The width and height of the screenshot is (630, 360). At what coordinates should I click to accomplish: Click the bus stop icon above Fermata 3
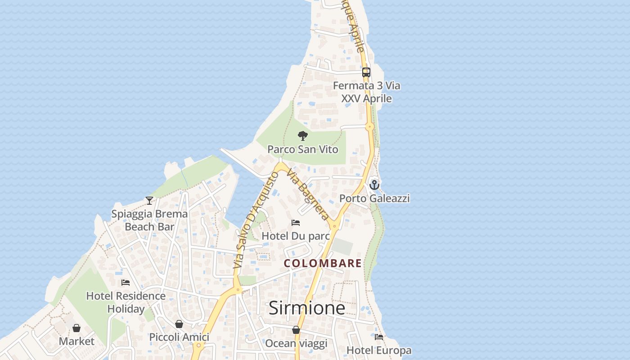(x=366, y=72)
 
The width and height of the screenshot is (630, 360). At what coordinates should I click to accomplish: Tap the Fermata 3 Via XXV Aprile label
(x=366, y=92)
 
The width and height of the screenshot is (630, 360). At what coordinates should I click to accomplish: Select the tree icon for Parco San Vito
(x=303, y=135)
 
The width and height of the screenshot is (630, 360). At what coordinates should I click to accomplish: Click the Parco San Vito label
(x=303, y=149)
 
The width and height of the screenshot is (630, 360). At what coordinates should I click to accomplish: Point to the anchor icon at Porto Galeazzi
(x=374, y=185)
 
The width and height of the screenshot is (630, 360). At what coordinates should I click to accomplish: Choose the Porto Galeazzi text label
(x=374, y=198)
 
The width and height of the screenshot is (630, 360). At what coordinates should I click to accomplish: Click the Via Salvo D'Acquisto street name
(x=256, y=220)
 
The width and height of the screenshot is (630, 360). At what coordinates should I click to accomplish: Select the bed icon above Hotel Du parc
(x=296, y=223)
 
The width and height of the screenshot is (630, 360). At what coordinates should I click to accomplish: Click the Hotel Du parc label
(x=296, y=236)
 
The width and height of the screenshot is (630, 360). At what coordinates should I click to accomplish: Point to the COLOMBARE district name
(x=323, y=263)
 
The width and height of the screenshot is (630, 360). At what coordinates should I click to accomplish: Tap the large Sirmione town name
(x=307, y=308)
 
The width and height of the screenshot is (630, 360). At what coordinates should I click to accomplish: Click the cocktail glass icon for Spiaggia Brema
(x=149, y=201)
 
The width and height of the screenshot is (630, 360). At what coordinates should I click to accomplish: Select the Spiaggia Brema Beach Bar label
(x=149, y=220)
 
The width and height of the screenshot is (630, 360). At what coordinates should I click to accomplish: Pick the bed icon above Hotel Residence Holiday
(x=126, y=283)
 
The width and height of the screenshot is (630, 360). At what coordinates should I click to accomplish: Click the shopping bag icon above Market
(x=76, y=328)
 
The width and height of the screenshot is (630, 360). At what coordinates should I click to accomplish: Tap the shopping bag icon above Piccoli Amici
(x=179, y=324)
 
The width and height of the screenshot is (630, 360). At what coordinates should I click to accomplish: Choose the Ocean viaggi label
(x=296, y=343)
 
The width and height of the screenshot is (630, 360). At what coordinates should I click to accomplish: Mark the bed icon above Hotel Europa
(x=379, y=337)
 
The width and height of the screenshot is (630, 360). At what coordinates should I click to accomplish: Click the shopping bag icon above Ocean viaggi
(x=296, y=330)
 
